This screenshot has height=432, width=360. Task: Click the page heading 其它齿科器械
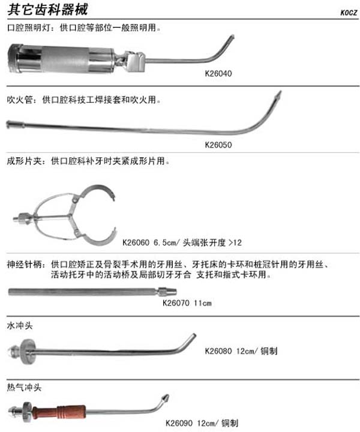(x=47, y=9)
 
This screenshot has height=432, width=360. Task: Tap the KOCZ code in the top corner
(x=349, y=13)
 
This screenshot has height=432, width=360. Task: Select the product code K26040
(x=218, y=73)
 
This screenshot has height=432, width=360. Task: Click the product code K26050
(x=218, y=145)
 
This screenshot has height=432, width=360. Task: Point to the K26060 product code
(x=136, y=243)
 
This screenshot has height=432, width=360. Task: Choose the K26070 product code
(x=176, y=303)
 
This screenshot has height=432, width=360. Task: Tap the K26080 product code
(x=218, y=351)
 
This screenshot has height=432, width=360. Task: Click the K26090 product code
(x=179, y=423)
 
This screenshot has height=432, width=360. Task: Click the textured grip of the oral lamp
(x=65, y=59)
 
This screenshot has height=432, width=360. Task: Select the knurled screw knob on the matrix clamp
(x=23, y=218)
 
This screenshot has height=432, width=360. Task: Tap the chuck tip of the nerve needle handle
(x=167, y=292)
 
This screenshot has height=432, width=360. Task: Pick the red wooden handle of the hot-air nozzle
(x=59, y=412)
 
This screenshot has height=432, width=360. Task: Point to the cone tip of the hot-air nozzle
(x=165, y=398)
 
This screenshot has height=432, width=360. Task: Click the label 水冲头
(x=20, y=326)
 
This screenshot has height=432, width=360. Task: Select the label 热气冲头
(x=24, y=388)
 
